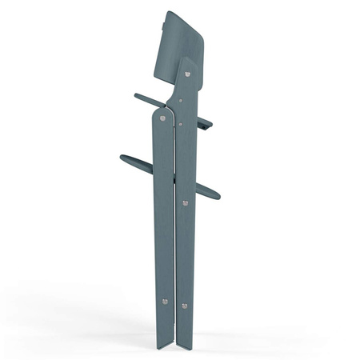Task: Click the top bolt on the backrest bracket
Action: point(188,74)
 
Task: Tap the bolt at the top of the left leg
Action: point(163,118)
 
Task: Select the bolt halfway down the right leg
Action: point(186,203)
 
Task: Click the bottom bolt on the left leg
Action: point(165,302)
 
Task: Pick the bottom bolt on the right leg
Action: point(185,305)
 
